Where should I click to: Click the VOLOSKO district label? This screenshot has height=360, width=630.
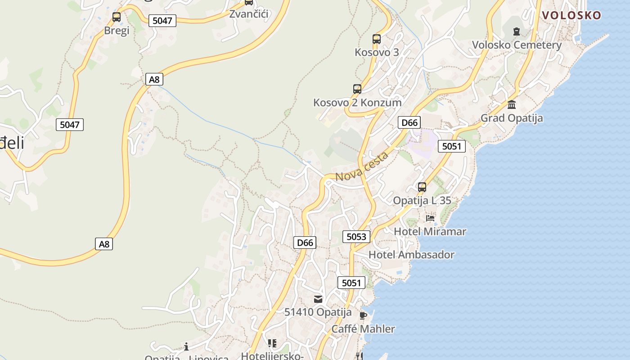[571, 15]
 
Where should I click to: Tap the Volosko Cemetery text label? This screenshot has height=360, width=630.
[517, 45]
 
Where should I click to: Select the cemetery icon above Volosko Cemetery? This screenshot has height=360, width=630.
[516, 31]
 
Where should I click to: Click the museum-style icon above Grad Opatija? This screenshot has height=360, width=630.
[512, 104]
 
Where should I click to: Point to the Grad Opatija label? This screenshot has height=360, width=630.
[512, 118]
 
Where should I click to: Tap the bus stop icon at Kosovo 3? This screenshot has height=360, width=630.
[377, 39]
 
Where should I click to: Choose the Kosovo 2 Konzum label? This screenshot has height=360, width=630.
[357, 103]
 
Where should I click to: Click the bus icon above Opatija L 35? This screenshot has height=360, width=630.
[422, 187]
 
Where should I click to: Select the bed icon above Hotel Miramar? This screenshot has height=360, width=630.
[430, 218]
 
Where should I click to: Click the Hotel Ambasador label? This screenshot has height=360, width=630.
[411, 255]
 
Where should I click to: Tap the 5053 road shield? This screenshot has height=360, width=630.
[356, 237]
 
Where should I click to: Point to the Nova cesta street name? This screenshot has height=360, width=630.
[362, 167]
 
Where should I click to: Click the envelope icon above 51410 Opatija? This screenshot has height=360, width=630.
[318, 299]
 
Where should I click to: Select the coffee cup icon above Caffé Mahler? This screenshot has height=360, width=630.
[363, 315]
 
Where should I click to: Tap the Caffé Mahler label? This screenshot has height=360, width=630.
[363, 329]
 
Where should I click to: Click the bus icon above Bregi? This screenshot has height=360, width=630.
[117, 18]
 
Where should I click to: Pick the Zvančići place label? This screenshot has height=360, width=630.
[249, 14]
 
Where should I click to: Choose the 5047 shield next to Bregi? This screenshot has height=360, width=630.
[162, 21]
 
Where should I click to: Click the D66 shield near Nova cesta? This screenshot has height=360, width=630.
[409, 122]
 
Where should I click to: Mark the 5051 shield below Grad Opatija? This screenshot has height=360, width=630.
[451, 146]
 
